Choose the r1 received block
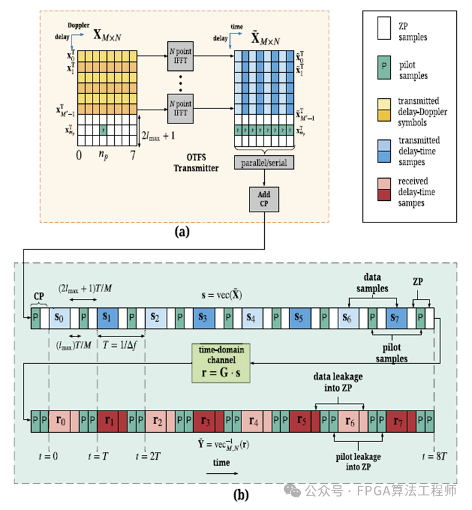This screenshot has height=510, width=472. click(108, 419)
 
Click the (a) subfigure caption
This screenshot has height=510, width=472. click(182, 233)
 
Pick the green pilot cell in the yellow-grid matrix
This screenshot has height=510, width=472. click(101, 130)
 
